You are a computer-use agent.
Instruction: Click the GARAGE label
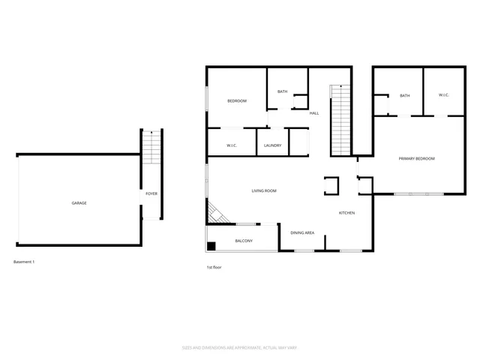pos(79,203)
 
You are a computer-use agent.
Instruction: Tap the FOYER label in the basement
pos(151,194)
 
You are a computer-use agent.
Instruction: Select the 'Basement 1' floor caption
pos(24,262)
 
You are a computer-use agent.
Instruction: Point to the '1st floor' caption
pos(214,267)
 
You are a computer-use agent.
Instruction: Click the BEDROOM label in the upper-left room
pos(237,101)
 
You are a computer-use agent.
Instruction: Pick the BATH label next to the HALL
pos(282,92)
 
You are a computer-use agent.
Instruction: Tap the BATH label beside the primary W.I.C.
pos(404,96)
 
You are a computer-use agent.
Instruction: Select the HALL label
pos(314,113)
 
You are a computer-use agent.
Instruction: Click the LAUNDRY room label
pos(272,145)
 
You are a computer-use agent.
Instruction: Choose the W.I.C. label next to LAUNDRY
pos(232,145)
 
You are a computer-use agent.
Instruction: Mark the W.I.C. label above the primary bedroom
pos(443,95)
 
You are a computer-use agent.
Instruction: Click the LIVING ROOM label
pos(264,191)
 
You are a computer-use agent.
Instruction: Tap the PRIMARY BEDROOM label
pos(416,159)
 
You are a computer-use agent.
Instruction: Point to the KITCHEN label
pos(346,213)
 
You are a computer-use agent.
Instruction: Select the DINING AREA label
pos(302,233)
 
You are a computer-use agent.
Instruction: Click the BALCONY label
pos(244,241)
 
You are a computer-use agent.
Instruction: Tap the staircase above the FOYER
pos(151,148)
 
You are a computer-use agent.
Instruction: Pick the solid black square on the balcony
pos(212,245)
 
